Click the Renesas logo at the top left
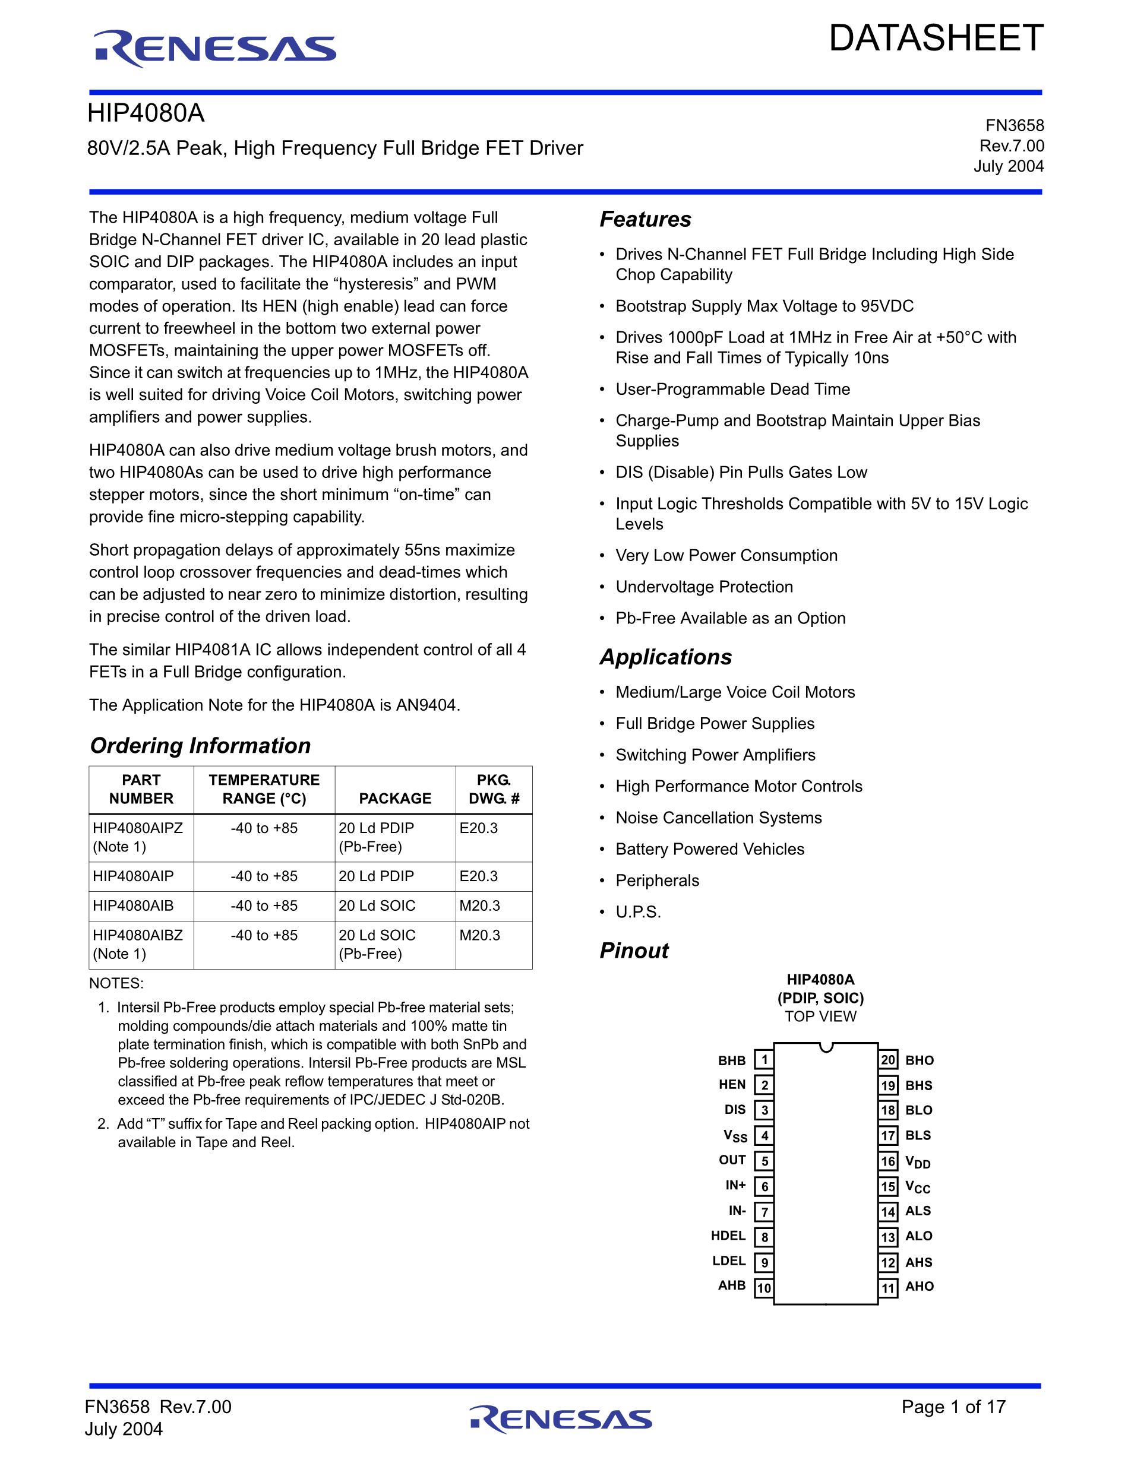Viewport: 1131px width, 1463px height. [214, 49]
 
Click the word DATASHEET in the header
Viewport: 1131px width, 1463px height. [936, 38]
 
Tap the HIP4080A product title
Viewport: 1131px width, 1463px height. [146, 114]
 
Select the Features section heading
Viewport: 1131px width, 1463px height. [645, 219]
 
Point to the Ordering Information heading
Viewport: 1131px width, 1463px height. [200, 746]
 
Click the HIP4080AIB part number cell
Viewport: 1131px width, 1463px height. [133, 905]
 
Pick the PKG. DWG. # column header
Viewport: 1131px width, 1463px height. [494, 789]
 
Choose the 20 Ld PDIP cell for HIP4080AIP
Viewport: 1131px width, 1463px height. [376, 876]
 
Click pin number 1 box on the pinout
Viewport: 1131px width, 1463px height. [764, 1060]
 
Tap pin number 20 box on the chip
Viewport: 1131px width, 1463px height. [889, 1060]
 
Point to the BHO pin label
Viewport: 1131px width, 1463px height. [920, 1060]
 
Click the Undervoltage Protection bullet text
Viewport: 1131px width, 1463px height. [704, 587]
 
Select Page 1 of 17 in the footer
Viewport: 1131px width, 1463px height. [953, 1407]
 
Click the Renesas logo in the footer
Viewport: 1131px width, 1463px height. [561, 1419]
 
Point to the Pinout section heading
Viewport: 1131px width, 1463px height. [634, 951]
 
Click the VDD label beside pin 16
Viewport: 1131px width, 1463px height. [918, 1162]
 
